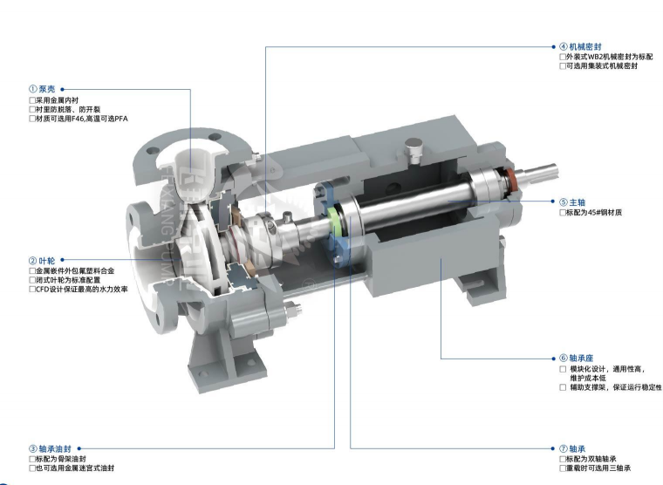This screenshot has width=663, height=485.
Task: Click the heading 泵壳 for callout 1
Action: (x=47, y=89)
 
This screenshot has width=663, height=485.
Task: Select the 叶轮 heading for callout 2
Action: (x=47, y=261)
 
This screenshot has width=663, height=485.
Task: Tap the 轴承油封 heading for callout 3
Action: (x=55, y=448)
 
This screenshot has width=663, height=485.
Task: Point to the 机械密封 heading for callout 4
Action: (x=585, y=46)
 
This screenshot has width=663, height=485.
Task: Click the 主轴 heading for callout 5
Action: (x=578, y=202)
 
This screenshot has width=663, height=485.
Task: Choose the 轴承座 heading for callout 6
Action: (x=581, y=359)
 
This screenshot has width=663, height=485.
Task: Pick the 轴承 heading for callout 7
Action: (x=578, y=448)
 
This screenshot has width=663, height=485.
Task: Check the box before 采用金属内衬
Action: (x=32, y=100)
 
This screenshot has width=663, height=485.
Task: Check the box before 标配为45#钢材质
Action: (x=563, y=212)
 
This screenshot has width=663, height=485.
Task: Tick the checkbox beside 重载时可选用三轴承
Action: (x=563, y=468)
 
